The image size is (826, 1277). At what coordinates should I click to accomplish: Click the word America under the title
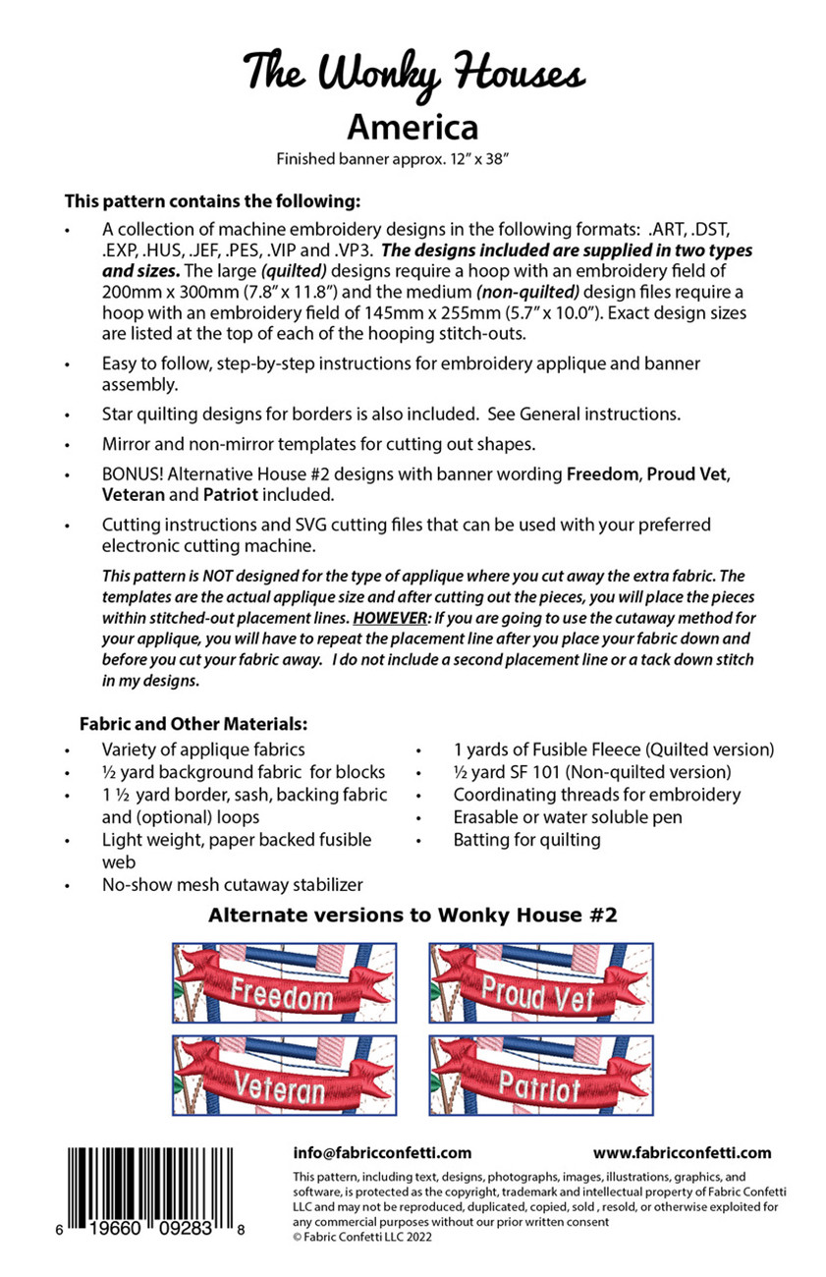413,128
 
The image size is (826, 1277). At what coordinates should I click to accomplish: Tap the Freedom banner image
284,982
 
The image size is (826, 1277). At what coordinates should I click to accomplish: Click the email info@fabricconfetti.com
382,1153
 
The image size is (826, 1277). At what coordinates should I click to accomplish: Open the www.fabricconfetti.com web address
682,1153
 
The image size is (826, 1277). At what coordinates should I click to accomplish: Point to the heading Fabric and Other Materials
193,724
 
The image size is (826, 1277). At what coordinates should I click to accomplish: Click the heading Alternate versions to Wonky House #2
413,916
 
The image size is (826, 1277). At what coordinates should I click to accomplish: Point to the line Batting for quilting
526,839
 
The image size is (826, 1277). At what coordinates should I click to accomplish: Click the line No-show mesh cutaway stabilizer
233,884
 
